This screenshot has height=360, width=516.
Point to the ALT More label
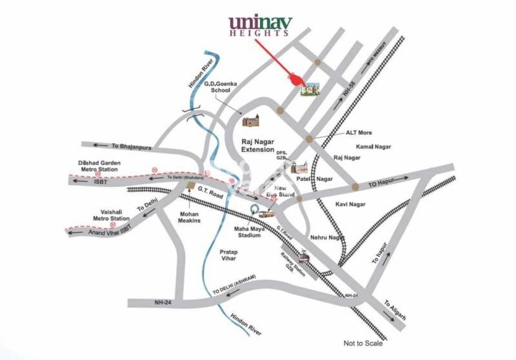358,133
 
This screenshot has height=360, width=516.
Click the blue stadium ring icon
255,210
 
